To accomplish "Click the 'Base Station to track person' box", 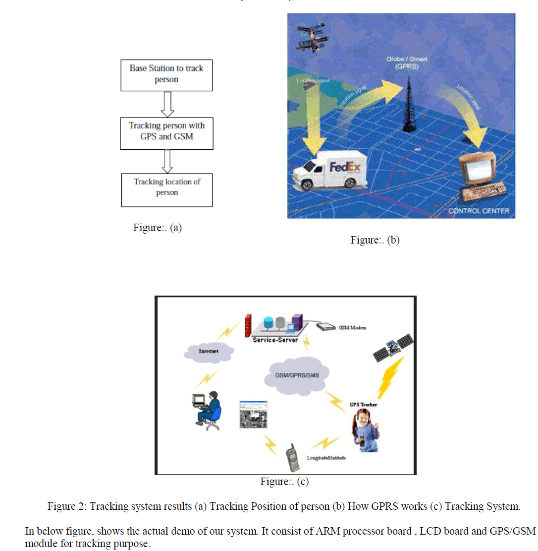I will (166, 75).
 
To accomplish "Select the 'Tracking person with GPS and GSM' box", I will (166, 131).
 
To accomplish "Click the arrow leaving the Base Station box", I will (167, 103).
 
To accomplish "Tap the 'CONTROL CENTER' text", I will (479, 211).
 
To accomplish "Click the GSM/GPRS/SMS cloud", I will (295, 374).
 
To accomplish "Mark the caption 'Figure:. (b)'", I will (375, 241).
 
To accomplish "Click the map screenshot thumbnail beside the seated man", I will (253, 414).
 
